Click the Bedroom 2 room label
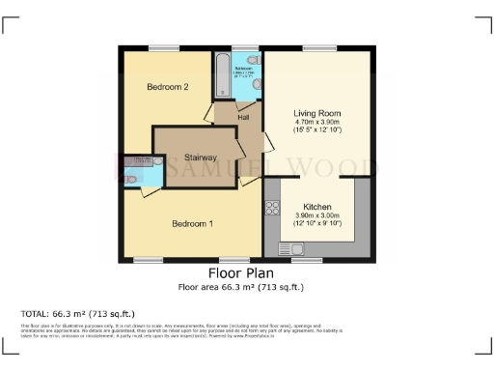click(167, 87)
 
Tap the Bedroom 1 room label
click(192, 224)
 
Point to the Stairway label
click(194, 157)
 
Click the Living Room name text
click(318, 113)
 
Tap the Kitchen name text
click(318, 207)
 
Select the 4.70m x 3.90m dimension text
click(318, 122)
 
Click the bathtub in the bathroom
click(223, 74)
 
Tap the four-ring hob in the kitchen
click(271, 208)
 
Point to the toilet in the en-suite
click(131, 179)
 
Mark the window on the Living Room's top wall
click(318, 48)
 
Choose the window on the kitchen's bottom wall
click(306, 259)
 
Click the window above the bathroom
click(238, 48)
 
